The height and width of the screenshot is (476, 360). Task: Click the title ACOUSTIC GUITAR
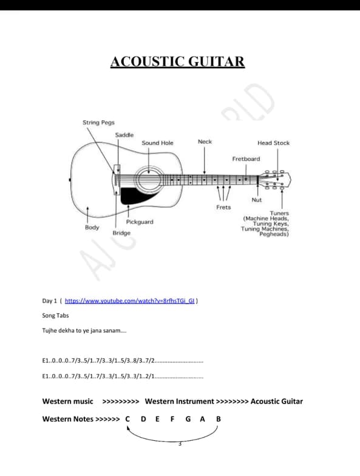click(177, 62)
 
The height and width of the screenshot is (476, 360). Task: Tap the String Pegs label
click(98, 123)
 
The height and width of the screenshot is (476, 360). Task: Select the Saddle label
click(124, 134)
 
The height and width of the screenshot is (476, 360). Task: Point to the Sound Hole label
click(157, 143)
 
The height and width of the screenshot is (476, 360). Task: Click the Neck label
click(205, 141)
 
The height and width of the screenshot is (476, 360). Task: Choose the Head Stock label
click(273, 143)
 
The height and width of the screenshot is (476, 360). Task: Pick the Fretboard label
click(246, 158)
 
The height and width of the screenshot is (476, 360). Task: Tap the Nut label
click(256, 200)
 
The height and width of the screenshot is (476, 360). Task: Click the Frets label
click(223, 208)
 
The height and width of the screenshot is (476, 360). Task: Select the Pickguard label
click(140, 222)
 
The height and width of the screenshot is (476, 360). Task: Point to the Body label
click(92, 227)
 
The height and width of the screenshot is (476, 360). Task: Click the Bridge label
click(121, 233)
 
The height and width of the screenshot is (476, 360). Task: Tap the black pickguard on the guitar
click(131, 195)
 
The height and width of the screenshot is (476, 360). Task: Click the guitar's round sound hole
click(146, 179)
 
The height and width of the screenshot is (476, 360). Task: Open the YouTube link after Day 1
click(130, 301)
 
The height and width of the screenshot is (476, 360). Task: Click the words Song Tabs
click(55, 316)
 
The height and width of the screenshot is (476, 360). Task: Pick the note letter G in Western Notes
click(188, 419)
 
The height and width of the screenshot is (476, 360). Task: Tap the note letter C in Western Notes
click(128, 419)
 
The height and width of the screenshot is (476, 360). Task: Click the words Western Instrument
click(179, 401)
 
